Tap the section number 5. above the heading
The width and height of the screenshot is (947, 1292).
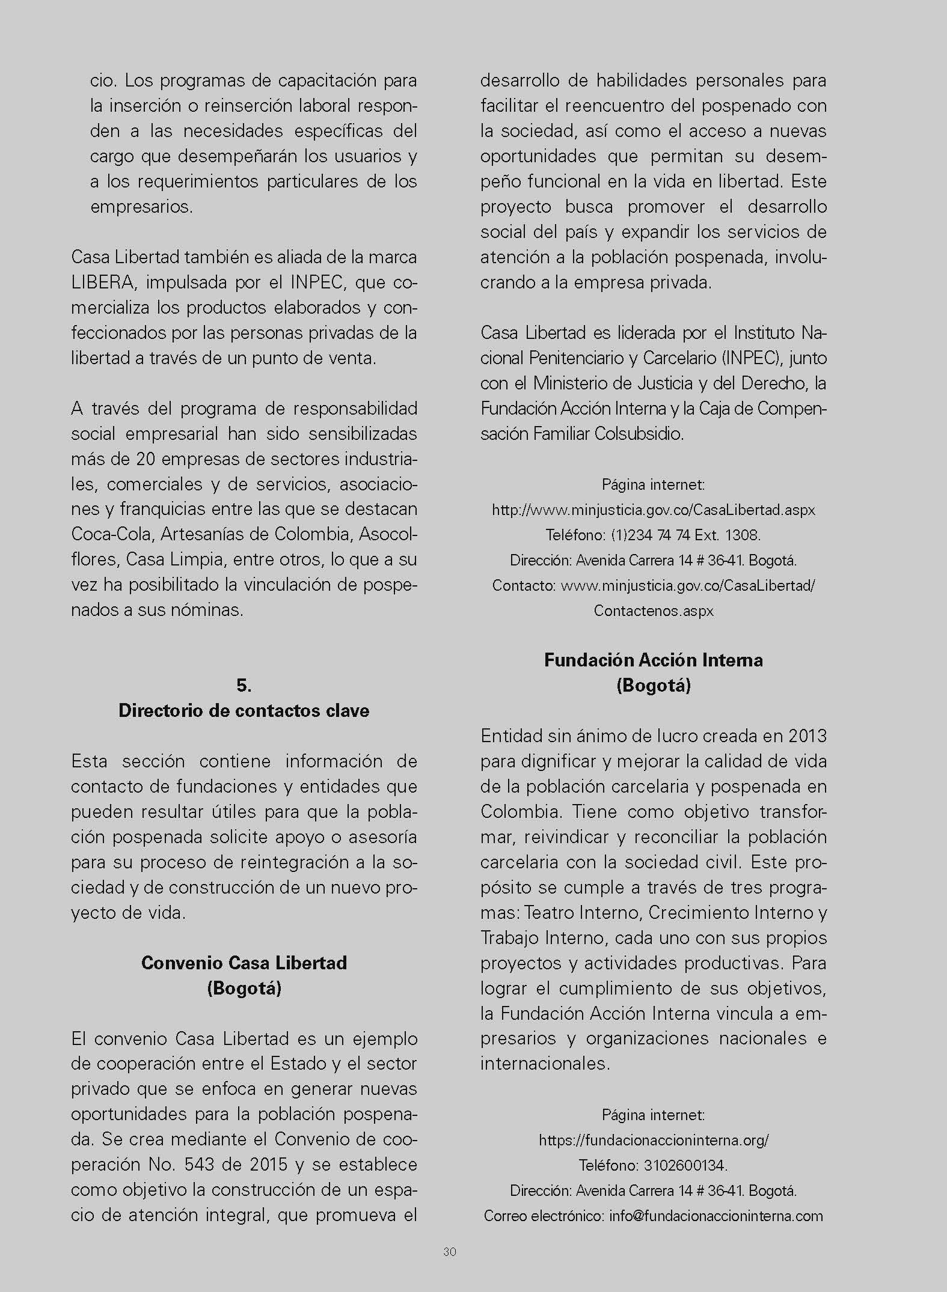coord(244,685)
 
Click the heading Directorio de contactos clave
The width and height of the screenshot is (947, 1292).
coord(244,710)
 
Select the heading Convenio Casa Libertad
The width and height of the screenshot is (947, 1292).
coord(244,963)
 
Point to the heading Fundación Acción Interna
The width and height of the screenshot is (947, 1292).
coord(653,660)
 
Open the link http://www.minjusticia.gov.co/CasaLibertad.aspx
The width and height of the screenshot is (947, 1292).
coord(653,510)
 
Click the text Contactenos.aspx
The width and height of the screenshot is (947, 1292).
coord(653,611)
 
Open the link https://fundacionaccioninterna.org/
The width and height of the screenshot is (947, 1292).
coord(653,1140)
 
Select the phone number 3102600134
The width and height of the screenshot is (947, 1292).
coord(684,1165)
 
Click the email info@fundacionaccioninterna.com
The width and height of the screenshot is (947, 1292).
coord(716,1216)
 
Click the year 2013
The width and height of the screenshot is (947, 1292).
coord(808,736)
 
